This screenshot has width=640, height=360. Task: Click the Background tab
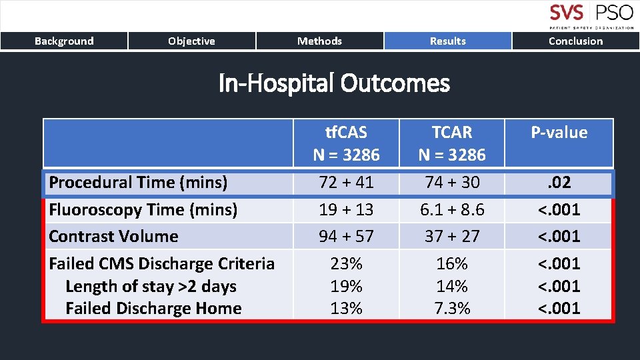point(64,41)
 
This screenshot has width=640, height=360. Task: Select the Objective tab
point(191,41)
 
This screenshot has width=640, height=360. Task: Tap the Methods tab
point(319,41)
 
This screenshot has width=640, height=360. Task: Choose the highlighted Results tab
point(447,41)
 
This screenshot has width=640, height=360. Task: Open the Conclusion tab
point(575,41)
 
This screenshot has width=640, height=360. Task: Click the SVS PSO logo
point(590,16)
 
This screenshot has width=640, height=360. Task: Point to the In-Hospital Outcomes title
point(334,84)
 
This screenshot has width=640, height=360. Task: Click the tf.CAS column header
point(346,143)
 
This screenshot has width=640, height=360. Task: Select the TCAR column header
point(451,143)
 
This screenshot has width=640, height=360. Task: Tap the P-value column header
point(559,133)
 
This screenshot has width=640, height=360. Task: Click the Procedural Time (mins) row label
point(138,182)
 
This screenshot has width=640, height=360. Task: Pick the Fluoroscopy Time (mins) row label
point(143,210)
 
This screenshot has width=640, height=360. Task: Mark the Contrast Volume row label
point(113,237)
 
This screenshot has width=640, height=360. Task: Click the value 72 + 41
point(346,182)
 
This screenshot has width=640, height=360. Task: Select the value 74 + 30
point(451,182)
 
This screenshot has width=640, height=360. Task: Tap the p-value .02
point(559,182)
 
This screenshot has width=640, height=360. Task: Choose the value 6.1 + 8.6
point(451,210)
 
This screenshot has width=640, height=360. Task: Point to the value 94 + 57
point(346,237)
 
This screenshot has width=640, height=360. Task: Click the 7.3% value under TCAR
point(451,309)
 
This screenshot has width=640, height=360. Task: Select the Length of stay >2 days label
point(151,287)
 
